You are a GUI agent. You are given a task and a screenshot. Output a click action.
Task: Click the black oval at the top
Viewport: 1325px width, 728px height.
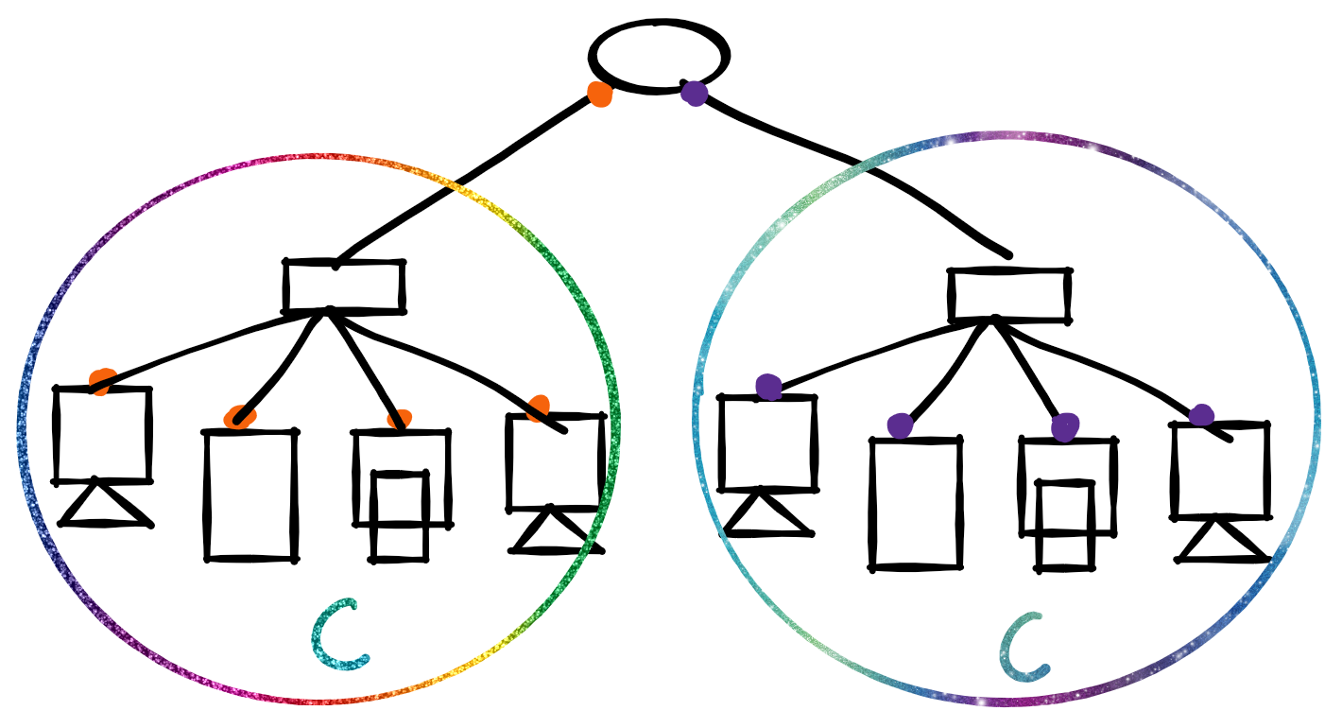click(x=659, y=55)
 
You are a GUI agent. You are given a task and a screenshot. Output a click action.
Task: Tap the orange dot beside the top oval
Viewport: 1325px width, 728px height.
click(x=599, y=94)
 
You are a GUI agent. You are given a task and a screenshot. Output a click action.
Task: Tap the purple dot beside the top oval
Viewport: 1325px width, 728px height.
click(x=695, y=93)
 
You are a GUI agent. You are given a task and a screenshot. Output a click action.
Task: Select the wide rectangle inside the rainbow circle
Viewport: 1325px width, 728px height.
click(x=344, y=286)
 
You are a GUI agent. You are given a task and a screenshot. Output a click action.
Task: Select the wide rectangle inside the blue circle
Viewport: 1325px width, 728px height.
click(x=1010, y=295)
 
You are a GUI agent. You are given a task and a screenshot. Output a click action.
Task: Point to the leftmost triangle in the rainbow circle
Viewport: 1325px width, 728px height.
click(x=104, y=508)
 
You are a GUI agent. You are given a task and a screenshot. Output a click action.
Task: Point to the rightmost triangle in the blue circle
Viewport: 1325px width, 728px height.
click(x=1223, y=543)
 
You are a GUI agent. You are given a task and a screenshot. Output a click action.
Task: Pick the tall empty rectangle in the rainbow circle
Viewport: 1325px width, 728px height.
click(x=250, y=494)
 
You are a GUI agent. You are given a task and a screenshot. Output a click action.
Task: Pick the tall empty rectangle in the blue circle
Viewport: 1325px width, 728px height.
click(x=916, y=503)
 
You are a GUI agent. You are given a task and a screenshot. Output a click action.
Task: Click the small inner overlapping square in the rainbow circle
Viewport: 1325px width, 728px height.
click(x=399, y=516)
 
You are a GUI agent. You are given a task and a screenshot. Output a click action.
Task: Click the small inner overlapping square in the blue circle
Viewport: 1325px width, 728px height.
click(x=1065, y=525)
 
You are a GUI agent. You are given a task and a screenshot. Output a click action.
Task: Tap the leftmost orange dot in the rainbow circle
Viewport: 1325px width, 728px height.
click(x=102, y=381)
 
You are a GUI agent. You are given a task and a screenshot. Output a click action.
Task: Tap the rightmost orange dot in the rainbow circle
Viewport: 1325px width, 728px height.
click(x=539, y=408)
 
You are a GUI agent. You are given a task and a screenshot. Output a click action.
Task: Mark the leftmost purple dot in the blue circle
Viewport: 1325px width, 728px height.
click(x=769, y=387)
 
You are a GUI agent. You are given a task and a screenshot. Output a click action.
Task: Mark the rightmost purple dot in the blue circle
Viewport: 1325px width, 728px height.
click(x=1201, y=415)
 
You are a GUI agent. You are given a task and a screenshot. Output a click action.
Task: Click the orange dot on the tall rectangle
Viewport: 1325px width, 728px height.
click(x=238, y=417)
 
